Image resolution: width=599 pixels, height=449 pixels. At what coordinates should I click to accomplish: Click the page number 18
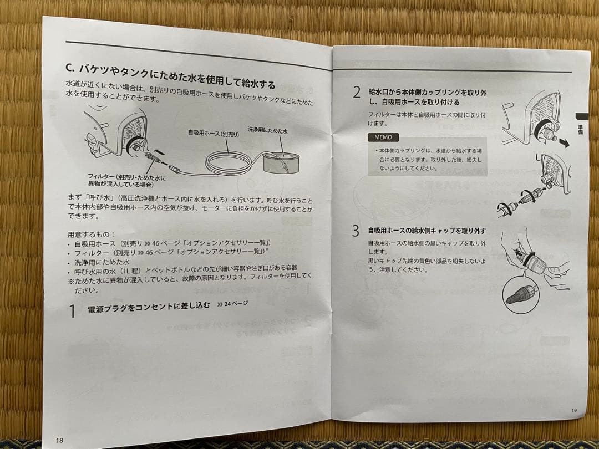coord(59,439)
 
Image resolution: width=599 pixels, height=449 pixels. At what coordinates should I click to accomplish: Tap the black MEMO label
coord(382,137)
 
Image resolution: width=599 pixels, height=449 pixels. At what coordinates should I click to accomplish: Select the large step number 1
coord(72,311)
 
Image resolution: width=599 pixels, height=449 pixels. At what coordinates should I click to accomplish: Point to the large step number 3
coord(356,231)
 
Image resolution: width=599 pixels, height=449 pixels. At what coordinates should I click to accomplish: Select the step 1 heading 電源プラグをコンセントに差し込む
coord(148,308)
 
